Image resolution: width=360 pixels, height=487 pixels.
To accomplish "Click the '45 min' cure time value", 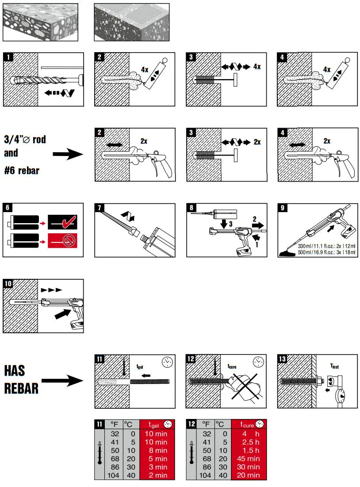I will tap(248, 459).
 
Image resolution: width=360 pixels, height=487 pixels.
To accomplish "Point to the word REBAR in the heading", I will tap(21, 388).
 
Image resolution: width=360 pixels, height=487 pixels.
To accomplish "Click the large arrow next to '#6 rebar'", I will tap(68, 155).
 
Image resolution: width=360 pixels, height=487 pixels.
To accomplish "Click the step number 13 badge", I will tap(282, 358).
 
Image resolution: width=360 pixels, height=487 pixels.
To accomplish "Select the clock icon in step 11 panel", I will tap(167, 363).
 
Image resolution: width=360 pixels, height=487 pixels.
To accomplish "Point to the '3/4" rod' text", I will tap(25, 140).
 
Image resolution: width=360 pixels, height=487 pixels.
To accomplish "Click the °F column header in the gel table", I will tap(114, 425).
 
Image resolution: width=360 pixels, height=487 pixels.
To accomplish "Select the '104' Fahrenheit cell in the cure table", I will tap(205, 476).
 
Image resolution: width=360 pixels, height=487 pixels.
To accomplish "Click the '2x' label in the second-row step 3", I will tap(257, 142).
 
